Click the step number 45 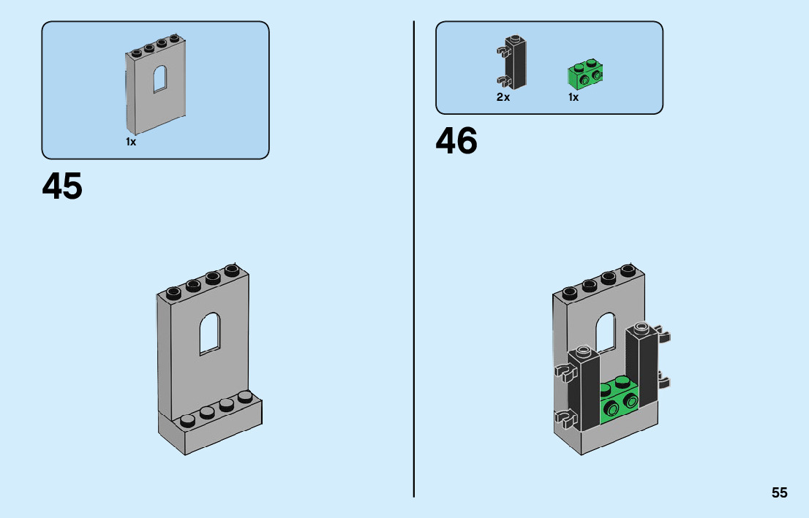click(62, 187)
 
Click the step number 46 click(456, 141)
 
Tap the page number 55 click(779, 493)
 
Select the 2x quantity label click(503, 97)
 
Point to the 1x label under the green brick click(573, 97)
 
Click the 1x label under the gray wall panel click(131, 142)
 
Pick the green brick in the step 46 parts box click(585, 73)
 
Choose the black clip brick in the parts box click(515, 62)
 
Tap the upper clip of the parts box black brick click(502, 51)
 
